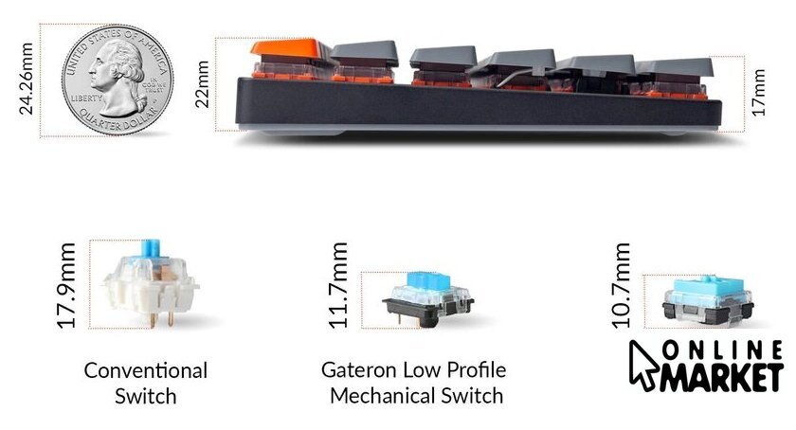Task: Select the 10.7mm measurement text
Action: (622, 285)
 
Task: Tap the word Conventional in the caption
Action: (145, 370)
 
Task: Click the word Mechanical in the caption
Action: (383, 395)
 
